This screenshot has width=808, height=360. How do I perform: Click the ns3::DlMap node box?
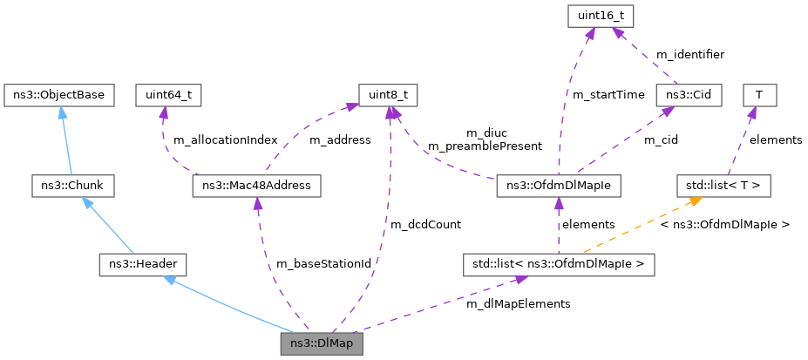tap(322, 343)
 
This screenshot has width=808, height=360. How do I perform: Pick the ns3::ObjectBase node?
tap(58, 96)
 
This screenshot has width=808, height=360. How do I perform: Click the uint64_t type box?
tap(168, 96)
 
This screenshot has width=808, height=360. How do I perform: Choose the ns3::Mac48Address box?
tap(256, 186)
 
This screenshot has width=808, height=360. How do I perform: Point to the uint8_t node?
tap(388, 96)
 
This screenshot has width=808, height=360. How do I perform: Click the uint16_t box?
tap(601, 17)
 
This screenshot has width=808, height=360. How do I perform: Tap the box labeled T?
tap(759, 96)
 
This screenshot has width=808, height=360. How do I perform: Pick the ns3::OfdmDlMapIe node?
tap(559, 186)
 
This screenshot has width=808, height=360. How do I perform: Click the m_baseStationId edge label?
tap(323, 264)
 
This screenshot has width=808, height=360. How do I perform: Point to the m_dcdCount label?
tap(425, 225)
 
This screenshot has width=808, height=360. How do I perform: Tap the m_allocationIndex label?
tap(226, 139)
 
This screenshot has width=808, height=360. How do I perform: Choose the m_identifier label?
tap(690, 54)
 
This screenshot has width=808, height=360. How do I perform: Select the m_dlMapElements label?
tap(519, 304)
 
